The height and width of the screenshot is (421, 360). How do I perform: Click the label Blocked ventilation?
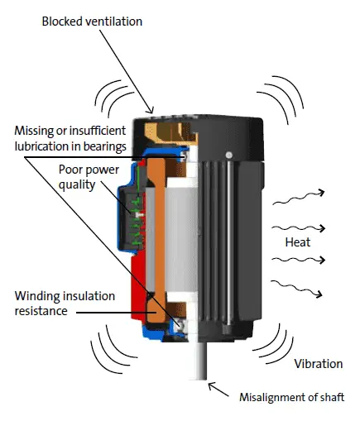coord(92,22)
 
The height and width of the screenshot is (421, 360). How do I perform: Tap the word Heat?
coord(298,242)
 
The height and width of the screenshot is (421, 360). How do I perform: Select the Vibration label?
coord(319,364)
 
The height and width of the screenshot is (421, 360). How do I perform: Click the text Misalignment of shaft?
coord(292,397)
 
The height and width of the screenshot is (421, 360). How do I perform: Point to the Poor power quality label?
coord(89,177)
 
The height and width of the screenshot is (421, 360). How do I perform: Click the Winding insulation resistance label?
coord(65,304)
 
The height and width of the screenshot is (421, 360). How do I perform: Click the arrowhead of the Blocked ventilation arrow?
coord(151,111)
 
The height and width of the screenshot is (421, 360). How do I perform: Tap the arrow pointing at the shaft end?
coord(218,389)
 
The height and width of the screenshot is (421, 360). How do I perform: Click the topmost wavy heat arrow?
coord(298,197)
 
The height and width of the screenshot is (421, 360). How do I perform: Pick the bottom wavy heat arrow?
coord(296,289)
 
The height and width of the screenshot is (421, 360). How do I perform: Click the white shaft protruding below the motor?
coord(198,361)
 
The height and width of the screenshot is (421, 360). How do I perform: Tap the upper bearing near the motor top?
coord(184,156)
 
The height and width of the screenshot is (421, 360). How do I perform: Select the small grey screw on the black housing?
coord(228,155)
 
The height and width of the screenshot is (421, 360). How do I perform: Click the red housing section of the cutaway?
coord(138,288)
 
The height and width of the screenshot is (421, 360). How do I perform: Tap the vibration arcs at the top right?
coord(281,100)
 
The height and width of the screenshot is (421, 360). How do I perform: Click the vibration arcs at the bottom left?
coord(113,350)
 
